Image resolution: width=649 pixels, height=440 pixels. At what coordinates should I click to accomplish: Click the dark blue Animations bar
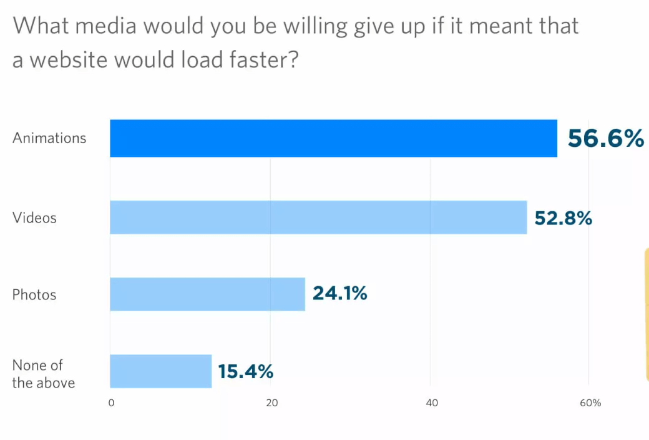pyautogui.click(x=333, y=138)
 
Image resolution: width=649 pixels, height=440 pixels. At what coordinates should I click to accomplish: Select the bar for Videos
pyautogui.click(x=318, y=217)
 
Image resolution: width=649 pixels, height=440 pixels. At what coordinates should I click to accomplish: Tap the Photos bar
pyautogui.click(x=207, y=294)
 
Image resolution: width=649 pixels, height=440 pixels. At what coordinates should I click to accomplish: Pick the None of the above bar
pyautogui.click(x=161, y=371)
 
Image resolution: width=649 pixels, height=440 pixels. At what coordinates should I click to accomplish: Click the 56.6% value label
pyautogui.click(x=605, y=139)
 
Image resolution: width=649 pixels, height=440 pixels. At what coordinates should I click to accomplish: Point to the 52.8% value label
pyautogui.click(x=563, y=219)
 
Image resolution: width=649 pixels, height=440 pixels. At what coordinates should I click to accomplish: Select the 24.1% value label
pyautogui.click(x=339, y=292)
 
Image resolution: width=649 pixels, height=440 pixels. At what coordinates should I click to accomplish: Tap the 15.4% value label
pyautogui.click(x=246, y=372)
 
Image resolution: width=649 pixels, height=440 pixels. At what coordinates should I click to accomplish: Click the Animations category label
pyautogui.click(x=49, y=138)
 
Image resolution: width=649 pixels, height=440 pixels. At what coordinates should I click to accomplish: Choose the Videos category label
pyautogui.click(x=34, y=217)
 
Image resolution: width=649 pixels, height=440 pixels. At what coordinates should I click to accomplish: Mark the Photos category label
pyautogui.click(x=34, y=294)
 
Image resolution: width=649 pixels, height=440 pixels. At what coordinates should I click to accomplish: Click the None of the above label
pyautogui.click(x=43, y=374)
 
